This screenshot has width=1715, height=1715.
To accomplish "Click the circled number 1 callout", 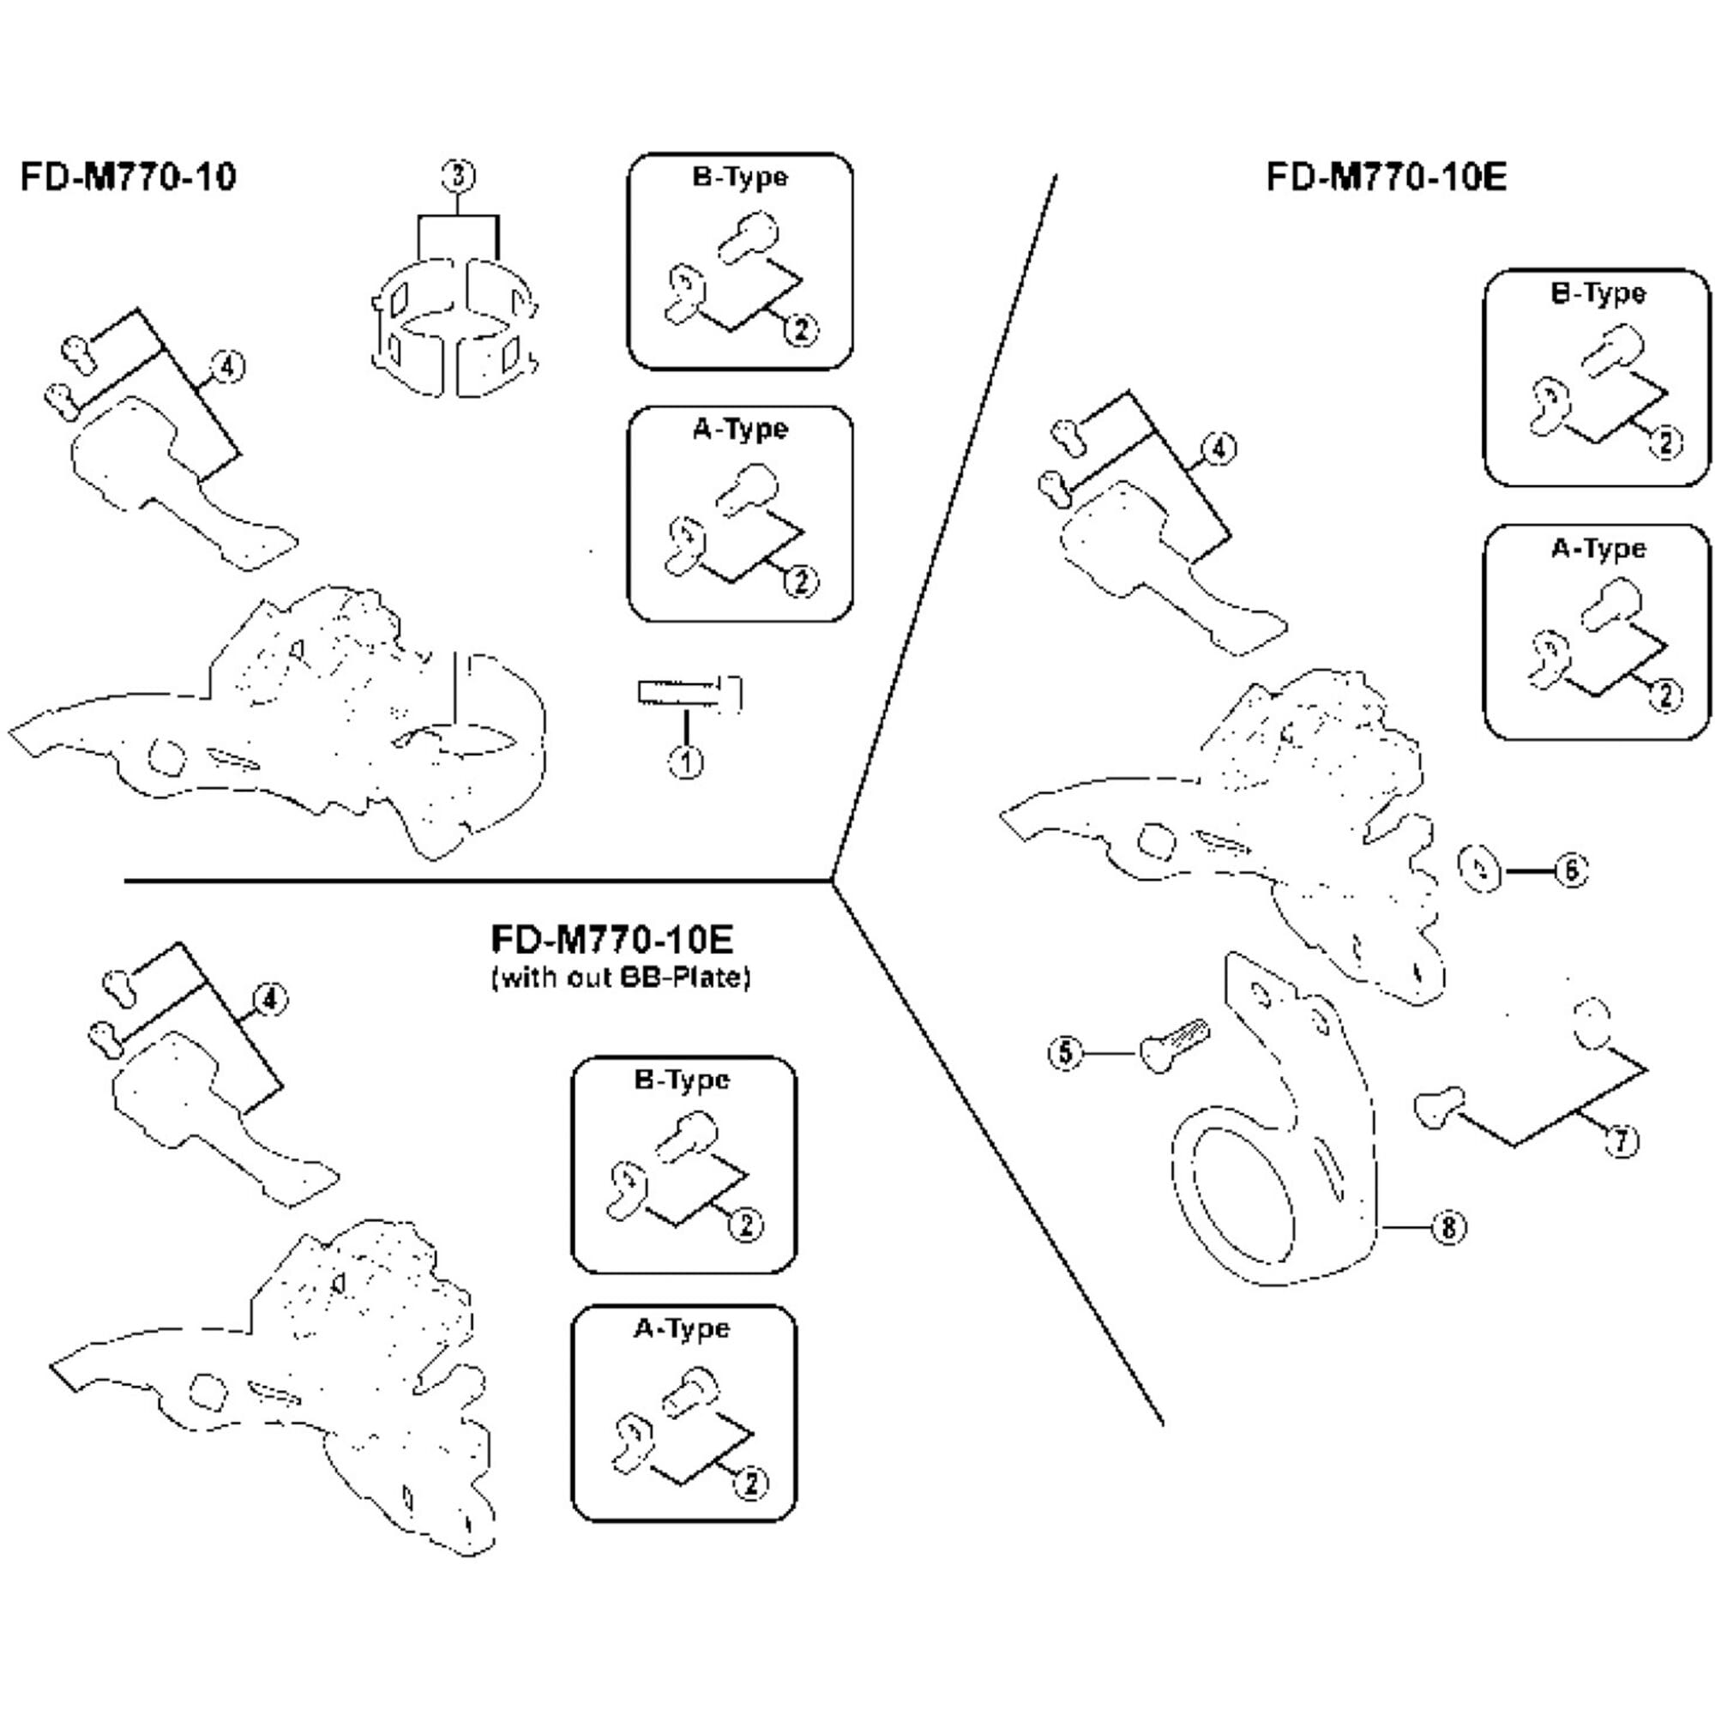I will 686,761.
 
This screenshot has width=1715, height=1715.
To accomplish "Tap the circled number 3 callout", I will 457,176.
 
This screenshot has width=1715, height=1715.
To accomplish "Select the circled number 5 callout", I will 1066,1054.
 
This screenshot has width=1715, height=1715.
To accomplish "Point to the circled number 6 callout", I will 1571,870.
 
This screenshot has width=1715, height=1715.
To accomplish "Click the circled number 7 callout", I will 1622,1140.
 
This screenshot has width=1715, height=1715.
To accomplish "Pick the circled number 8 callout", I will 1448,1228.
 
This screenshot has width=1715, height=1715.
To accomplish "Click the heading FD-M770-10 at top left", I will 129,177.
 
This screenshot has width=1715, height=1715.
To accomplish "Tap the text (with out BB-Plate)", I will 621,978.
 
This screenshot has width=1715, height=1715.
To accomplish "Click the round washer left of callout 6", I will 1481,870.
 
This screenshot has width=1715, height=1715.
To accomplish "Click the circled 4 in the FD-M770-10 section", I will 227,367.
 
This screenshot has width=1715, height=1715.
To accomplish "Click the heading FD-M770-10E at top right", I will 1386,178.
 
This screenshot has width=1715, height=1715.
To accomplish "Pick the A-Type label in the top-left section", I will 740,430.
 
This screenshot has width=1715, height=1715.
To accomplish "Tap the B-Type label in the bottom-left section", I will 682,1080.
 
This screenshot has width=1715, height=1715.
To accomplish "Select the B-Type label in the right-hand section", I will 1598,294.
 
